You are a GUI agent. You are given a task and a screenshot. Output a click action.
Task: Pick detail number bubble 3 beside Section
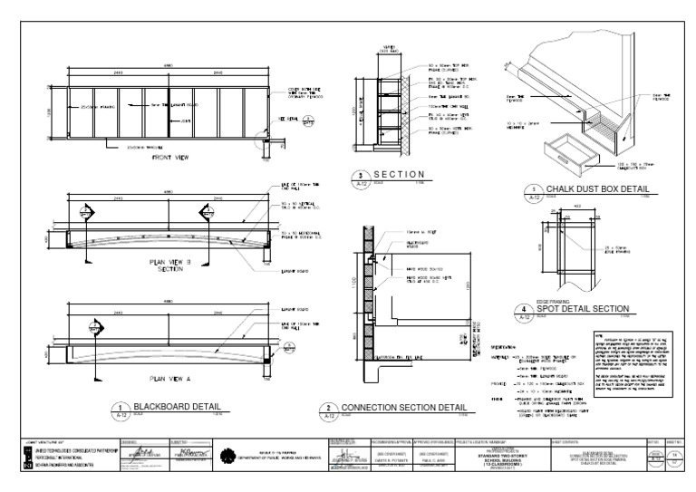coord(360,177)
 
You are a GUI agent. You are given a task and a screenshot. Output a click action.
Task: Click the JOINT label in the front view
coord(187,121)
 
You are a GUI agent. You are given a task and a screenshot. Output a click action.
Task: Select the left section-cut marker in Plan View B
coord(84,213)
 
